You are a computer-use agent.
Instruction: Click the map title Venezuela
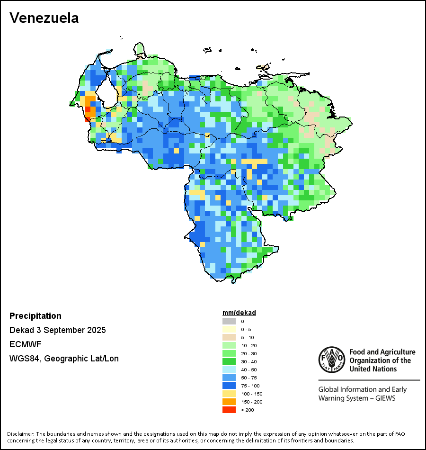coord(44,18)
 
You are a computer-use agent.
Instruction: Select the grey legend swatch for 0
coord(229,321)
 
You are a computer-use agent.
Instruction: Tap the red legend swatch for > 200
coord(229,410)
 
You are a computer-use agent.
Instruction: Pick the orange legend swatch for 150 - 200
coord(229,402)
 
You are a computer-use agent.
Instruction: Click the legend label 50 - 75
coord(248,378)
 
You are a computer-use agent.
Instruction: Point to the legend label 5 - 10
coord(248,337)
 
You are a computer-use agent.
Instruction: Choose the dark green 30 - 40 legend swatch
coord(229,361)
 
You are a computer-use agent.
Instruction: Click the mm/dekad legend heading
coord(239,313)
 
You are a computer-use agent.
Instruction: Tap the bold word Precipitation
coord(35,316)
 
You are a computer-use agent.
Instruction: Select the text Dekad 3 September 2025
coord(58,330)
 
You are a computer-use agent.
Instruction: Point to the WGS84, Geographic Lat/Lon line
coord(64,359)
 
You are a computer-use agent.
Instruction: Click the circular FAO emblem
coord(331,359)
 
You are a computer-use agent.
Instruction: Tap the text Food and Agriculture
coord(382,352)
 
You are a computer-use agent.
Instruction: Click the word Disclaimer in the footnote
coord(20,434)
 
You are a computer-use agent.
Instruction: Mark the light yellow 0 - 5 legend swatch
coord(229,329)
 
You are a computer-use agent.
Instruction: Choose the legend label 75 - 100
coord(250,386)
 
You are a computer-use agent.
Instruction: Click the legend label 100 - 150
coord(251,394)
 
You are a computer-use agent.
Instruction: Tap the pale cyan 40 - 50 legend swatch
coord(229,369)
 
